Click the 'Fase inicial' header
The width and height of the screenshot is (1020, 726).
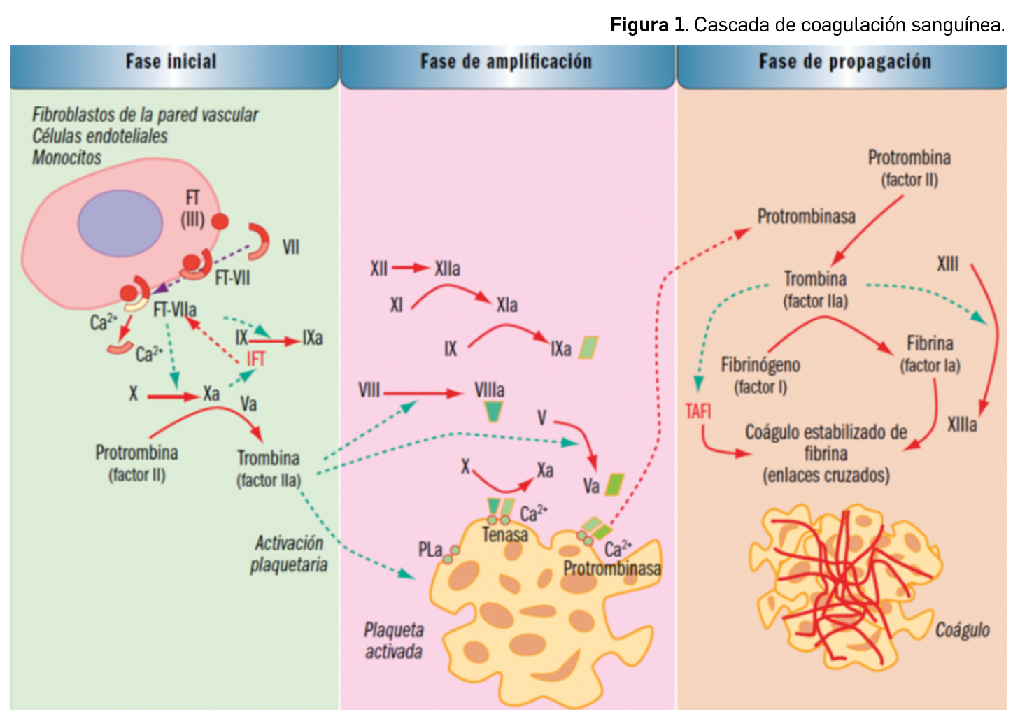click(171, 62)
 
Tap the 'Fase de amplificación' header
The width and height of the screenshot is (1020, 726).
click(506, 62)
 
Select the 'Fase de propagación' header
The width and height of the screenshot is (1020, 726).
click(844, 62)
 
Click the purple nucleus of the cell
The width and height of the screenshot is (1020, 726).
click(120, 223)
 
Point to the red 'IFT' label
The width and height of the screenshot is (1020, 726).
click(256, 359)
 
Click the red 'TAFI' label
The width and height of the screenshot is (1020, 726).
click(698, 411)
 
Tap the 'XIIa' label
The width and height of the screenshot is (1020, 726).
click(447, 269)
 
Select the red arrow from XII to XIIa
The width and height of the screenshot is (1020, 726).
click(411, 267)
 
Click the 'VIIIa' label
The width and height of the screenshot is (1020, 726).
click(489, 390)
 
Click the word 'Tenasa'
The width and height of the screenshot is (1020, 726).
click(504, 535)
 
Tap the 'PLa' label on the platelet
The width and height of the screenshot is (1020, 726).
click(430, 550)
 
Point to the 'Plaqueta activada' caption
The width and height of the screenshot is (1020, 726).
click(393, 641)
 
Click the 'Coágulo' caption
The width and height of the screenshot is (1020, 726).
click(962, 630)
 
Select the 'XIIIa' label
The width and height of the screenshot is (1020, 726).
click(962, 424)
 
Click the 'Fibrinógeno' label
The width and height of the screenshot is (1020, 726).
click(760, 365)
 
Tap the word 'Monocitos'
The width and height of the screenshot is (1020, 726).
click(67, 157)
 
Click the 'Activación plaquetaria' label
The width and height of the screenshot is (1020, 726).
click(288, 553)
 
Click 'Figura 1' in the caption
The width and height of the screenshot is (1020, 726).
click(647, 25)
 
